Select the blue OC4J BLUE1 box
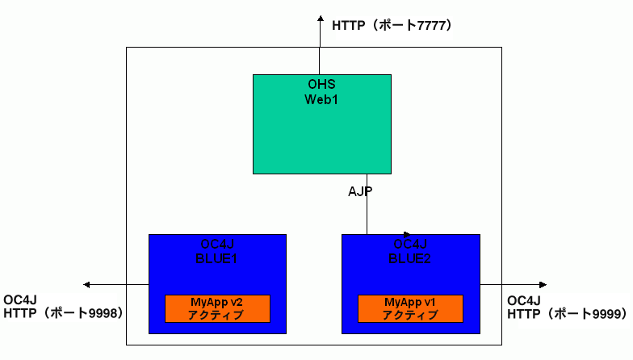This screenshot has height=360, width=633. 217,274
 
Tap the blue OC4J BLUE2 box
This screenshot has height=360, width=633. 410,274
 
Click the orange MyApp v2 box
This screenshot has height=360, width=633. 217,308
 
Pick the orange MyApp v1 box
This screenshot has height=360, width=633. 410,308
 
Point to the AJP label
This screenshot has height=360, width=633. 360,192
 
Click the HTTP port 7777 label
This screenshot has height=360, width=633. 392,26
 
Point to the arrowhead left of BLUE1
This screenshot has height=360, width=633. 86,284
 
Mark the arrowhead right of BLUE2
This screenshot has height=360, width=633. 543,284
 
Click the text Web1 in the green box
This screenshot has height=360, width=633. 321,99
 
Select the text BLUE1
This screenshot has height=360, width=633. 218,258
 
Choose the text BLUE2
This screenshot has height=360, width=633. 410,258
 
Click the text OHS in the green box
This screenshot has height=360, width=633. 321,85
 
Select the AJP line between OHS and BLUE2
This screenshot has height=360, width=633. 367,214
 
